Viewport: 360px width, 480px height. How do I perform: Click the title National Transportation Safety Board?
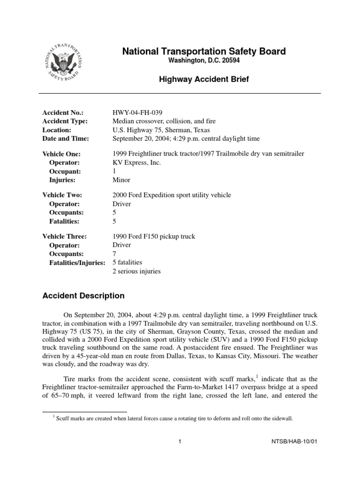204,52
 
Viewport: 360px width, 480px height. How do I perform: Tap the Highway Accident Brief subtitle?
204,80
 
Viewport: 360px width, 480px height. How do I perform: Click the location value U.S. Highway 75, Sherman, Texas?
161,130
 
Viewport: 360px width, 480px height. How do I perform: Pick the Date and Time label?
66,138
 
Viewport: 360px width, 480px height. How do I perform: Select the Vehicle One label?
61,154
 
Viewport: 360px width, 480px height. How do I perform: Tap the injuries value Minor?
121,180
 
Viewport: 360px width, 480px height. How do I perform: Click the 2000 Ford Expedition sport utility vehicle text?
172,195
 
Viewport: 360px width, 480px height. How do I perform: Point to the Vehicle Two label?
62,195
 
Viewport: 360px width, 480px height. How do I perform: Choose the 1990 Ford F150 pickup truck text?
154,236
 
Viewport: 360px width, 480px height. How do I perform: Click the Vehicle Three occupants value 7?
115,254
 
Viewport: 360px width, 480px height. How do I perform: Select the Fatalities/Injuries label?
77,262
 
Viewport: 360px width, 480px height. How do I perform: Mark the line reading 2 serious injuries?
136,271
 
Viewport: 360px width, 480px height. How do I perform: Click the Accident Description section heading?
83,296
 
